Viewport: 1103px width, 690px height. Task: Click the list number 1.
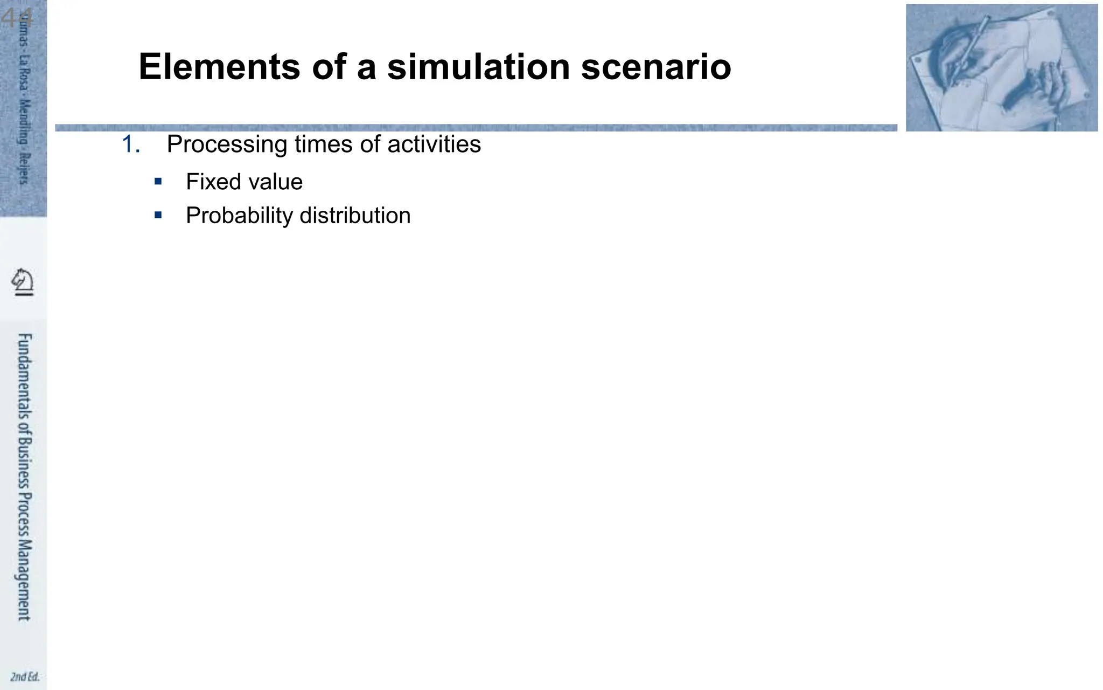pyautogui.click(x=131, y=144)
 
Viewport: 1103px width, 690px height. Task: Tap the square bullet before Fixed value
pyautogui.click(x=158, y=182)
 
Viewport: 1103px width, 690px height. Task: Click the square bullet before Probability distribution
pyautogui.click(x=158, y=215)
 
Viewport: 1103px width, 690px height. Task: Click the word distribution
pyautogui.click(x=355, y=216)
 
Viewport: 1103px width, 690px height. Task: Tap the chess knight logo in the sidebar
pyautogui.click(x=23, y=282)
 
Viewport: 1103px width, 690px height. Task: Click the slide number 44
pyautogui.click(x=16, y=18)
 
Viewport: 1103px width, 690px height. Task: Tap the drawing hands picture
pyautogui.click(x=1001, y=67)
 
